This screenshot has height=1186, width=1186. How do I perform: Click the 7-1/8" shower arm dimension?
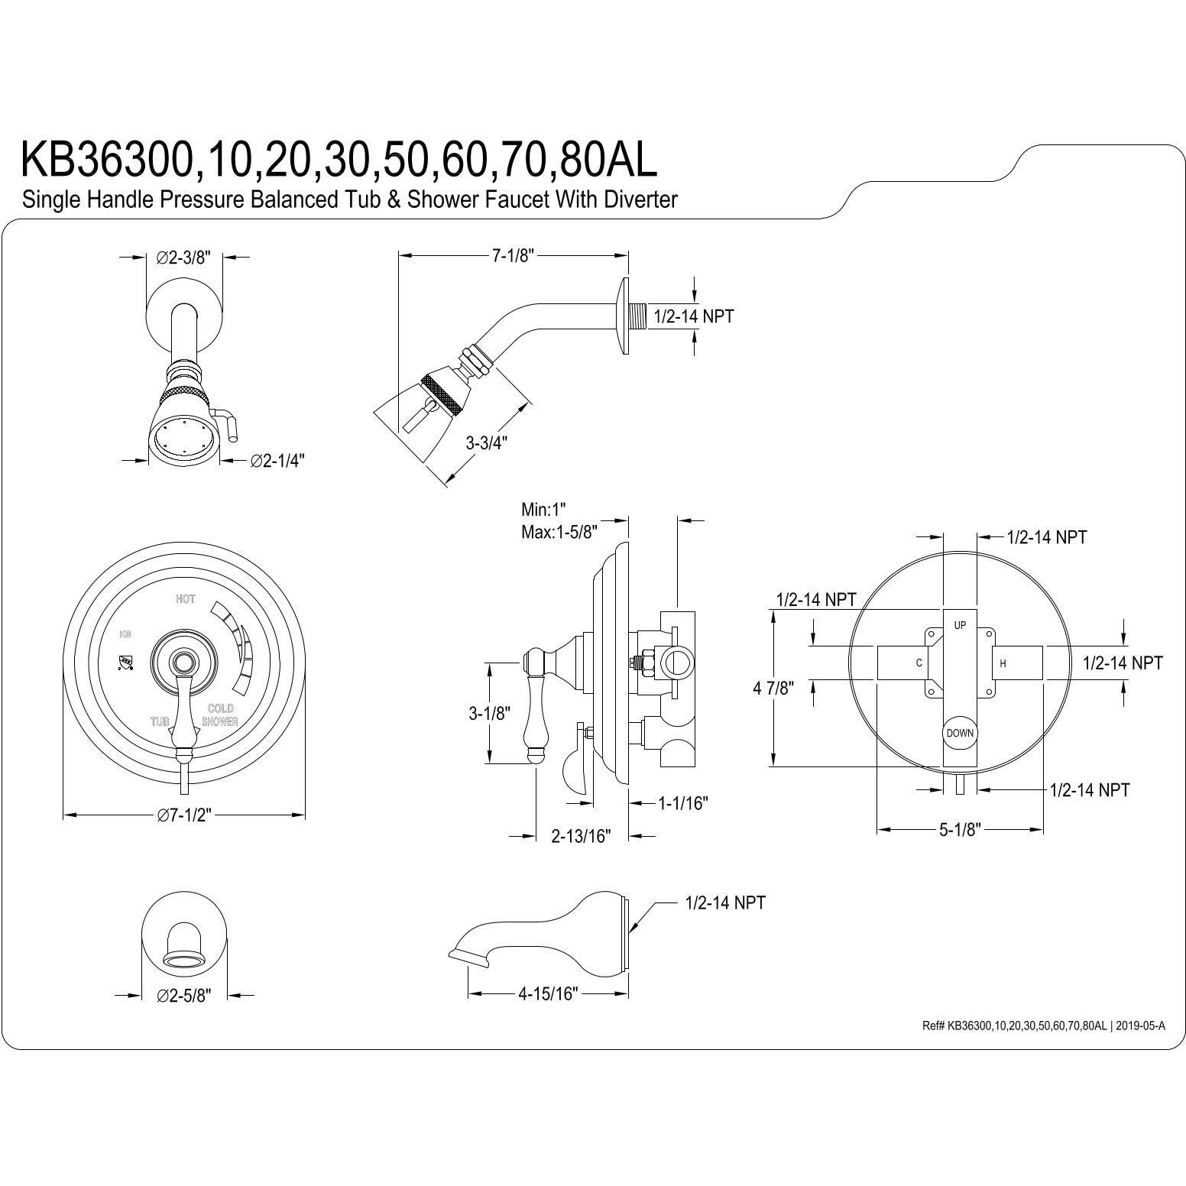pos(511,256)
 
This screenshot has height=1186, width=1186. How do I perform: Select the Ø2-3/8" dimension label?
pos(183,258)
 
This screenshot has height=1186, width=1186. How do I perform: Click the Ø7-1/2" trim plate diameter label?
pos(183,815)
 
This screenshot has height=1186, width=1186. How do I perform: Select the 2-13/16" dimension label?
pos(582,836)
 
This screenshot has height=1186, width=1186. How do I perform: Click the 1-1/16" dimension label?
pos(682,802)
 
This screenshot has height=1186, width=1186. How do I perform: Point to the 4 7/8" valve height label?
pos(773,688)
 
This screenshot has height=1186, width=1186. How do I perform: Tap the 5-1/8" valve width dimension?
pos(960,830)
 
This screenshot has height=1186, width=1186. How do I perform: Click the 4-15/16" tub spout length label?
pos(548,993)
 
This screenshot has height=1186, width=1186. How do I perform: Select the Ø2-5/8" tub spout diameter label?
pos(183,995)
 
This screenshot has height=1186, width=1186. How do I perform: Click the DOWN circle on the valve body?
pos(960,733)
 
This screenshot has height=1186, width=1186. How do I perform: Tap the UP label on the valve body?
pos(960,625)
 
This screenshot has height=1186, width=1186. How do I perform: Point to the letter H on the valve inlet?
pos(1003,664)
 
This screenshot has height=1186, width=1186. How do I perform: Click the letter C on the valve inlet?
pos(919,663)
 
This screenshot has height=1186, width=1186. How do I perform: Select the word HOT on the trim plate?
pos(185,600)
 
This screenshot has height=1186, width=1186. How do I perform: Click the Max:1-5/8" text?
pos(558,531)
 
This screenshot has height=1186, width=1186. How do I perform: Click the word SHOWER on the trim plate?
pos(220,722)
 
